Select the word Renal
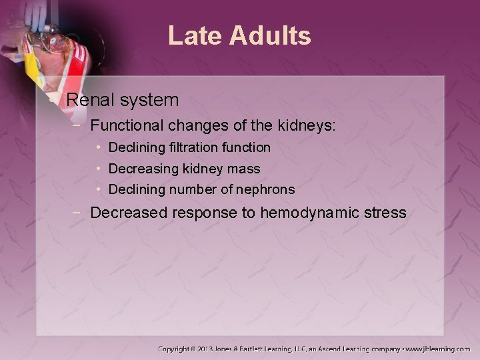click(93, 101)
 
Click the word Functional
click(124, 125)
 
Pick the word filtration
click(193, 147)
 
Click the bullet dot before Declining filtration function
click(98, 147)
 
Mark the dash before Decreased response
click(79, 213)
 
